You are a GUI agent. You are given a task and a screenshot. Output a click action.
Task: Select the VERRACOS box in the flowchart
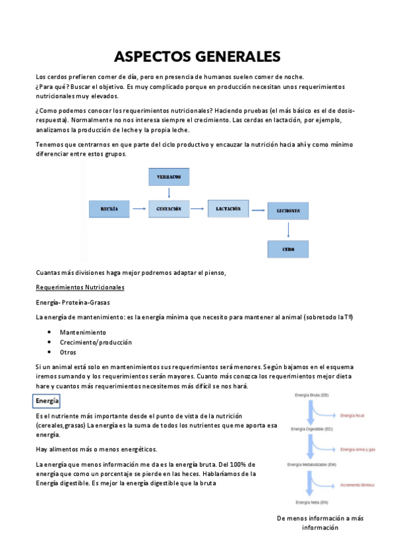169,177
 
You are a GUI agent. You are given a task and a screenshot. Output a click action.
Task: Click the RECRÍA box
109,208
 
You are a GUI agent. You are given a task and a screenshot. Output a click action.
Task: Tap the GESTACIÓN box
169,208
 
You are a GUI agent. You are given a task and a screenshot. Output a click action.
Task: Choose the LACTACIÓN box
228,208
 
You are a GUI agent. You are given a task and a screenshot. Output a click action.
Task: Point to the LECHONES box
288,211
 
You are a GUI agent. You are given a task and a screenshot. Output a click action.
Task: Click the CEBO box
288,249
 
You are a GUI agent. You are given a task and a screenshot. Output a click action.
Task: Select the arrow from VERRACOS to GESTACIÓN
169,192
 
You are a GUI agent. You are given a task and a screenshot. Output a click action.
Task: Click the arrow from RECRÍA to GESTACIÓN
138,208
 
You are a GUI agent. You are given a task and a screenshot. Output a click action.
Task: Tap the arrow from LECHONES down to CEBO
288,229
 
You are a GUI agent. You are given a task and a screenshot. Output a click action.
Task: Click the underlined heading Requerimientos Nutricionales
80,287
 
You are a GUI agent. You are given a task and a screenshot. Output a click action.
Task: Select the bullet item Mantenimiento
82,332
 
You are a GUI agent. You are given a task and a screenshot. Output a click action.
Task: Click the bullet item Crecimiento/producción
96,342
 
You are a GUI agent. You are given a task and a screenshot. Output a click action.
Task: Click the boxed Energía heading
47,401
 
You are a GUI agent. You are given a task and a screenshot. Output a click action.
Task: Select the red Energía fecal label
352,416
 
